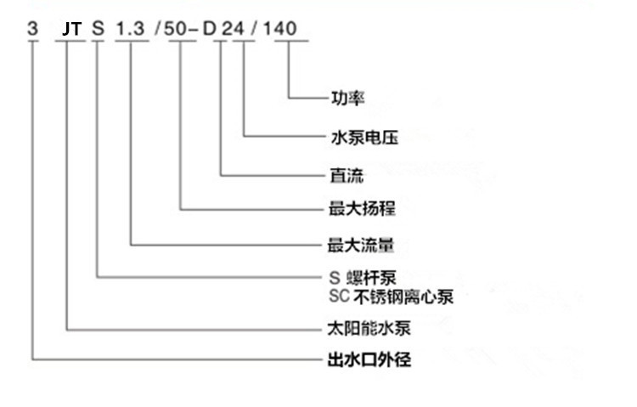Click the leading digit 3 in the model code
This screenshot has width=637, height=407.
pos(33,30)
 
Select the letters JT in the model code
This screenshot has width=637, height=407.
pos(72,30)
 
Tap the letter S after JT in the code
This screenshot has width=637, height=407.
pos(99,30)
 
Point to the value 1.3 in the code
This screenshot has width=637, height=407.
pos(131,30)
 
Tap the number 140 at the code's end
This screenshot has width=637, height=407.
pos(280,30)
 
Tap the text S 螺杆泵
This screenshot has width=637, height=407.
pos(362,278)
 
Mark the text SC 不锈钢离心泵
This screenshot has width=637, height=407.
pos(391,297)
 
